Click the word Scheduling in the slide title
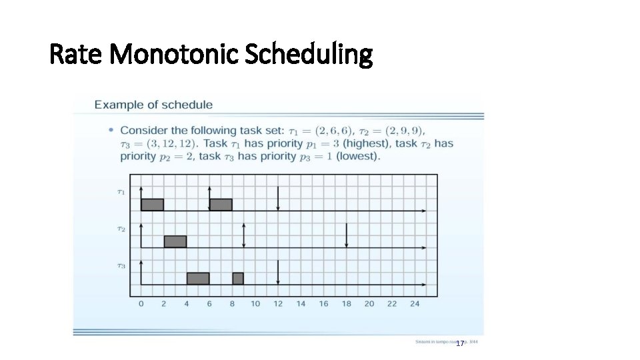(x=308, y=55)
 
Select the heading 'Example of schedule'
(x=153, y=105)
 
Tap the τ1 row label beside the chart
(x=121, y=192)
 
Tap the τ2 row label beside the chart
(x=121, y=229)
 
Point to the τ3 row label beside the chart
(x=121, y=266)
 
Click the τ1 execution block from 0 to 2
(x=152, y=205)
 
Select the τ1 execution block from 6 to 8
(x=221, y=205)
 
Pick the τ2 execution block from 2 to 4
(x=175, y=241)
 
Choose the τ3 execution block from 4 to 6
(x=198, y=279)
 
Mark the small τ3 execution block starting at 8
(x=238, y=279)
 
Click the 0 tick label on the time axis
(x=141, y=304)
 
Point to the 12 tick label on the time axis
(x=278, y=304)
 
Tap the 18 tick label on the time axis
(x=347, y=304)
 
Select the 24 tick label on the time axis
(x=415, y=304)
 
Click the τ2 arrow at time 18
(x=347, y=235)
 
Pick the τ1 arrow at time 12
(x=278, y=199)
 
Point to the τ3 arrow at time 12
(x=278, y=272)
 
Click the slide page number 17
(x=459, y=343)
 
